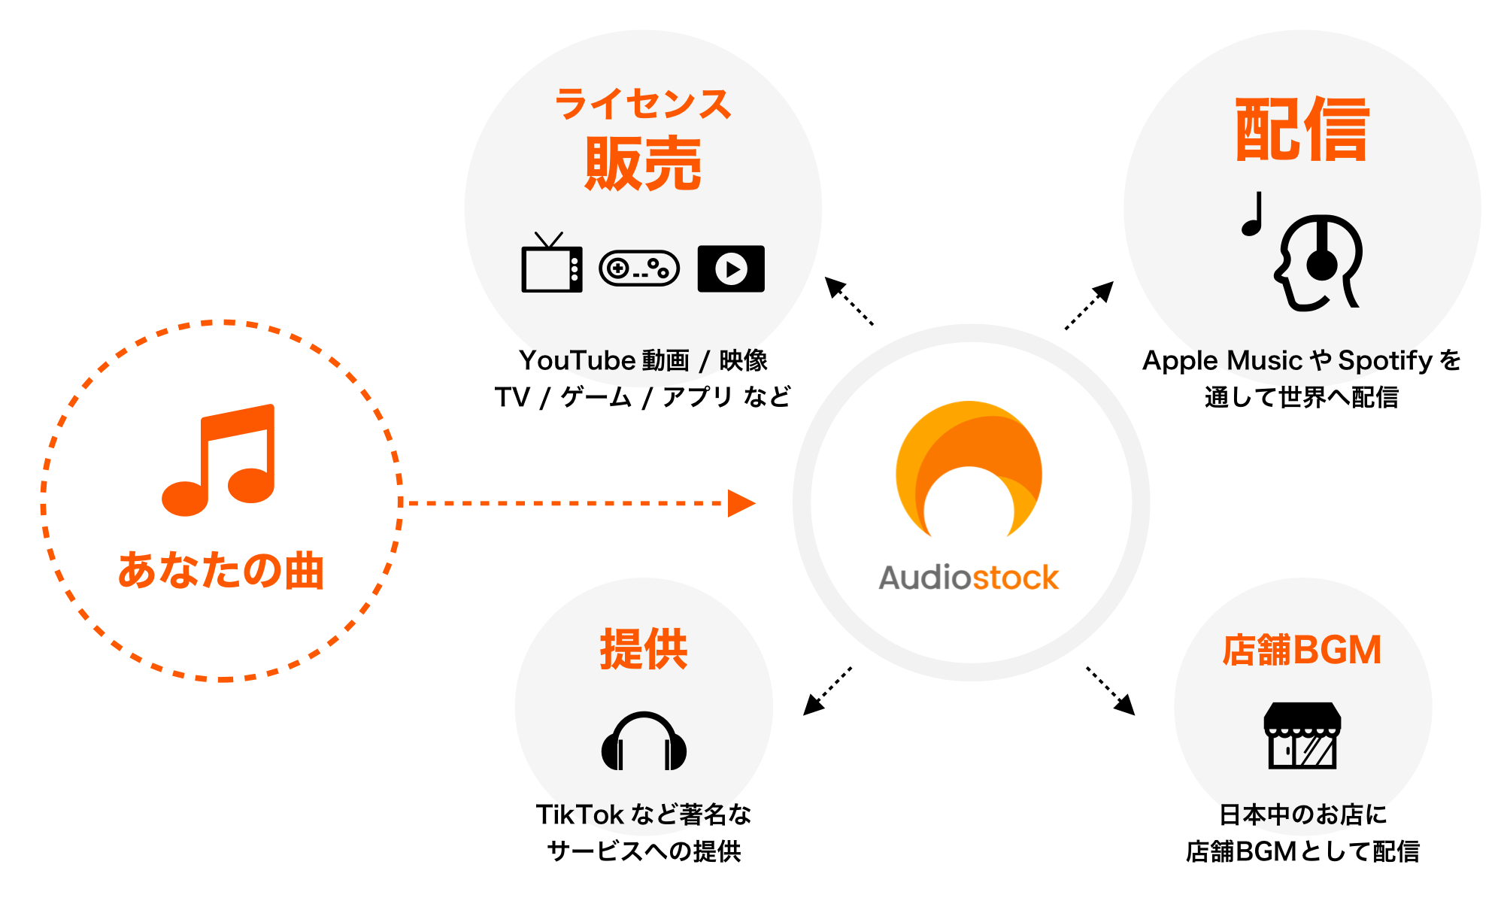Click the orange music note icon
pyautogui.click(x=218, y=460)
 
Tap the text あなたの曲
pyautogui.click(x=221, y=570)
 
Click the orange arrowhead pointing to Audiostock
pyautogui.click(x=741, y=503)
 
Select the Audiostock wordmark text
pyautogui.click(x=969, y=578)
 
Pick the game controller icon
pyautogui.click(x=639, y=268)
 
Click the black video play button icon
pyautogui.click(x=731, y=268)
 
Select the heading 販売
pyautogui.click(x=643, y=164)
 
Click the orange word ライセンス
pyautogui.click(x=643, y=104)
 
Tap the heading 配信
pyautogui.click(x=1302, y=129)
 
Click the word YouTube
pyautogui.click(x=567, y=361)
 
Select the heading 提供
pyautogui.click(x=644, y=648)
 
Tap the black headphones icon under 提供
pyautogui.click(x=644, y=742)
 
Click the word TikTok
pyautogui.click(x=579, y=814)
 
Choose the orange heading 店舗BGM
pyautogui.click(x=1302, y=650)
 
